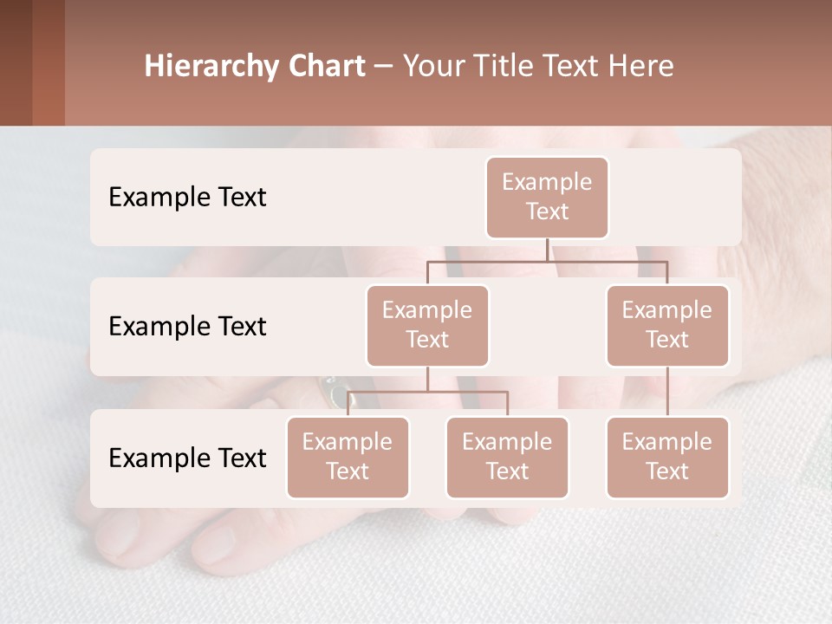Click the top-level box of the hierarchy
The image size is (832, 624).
coord(547,197)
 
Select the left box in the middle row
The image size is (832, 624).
coord(427,325)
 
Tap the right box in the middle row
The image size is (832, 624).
coord(667,325)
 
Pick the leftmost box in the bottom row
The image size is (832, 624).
coord(348,457)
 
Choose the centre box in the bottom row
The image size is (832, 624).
coord(507,457)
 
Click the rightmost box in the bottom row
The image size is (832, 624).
coord(667,457)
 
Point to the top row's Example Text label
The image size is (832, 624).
coord(187,198)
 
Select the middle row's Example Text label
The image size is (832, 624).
coord(187,327)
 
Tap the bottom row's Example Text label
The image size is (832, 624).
coord(187,458)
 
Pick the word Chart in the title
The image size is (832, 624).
coord(326,67)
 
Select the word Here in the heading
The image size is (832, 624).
coord(641,67)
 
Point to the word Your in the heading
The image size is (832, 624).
coord(434,67)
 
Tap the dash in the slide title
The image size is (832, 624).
coord(384,68)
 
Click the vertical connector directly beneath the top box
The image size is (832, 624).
coord(547,250)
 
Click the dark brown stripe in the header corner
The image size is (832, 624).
coord(16,62)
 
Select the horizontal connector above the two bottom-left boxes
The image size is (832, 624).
coord(427,392)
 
